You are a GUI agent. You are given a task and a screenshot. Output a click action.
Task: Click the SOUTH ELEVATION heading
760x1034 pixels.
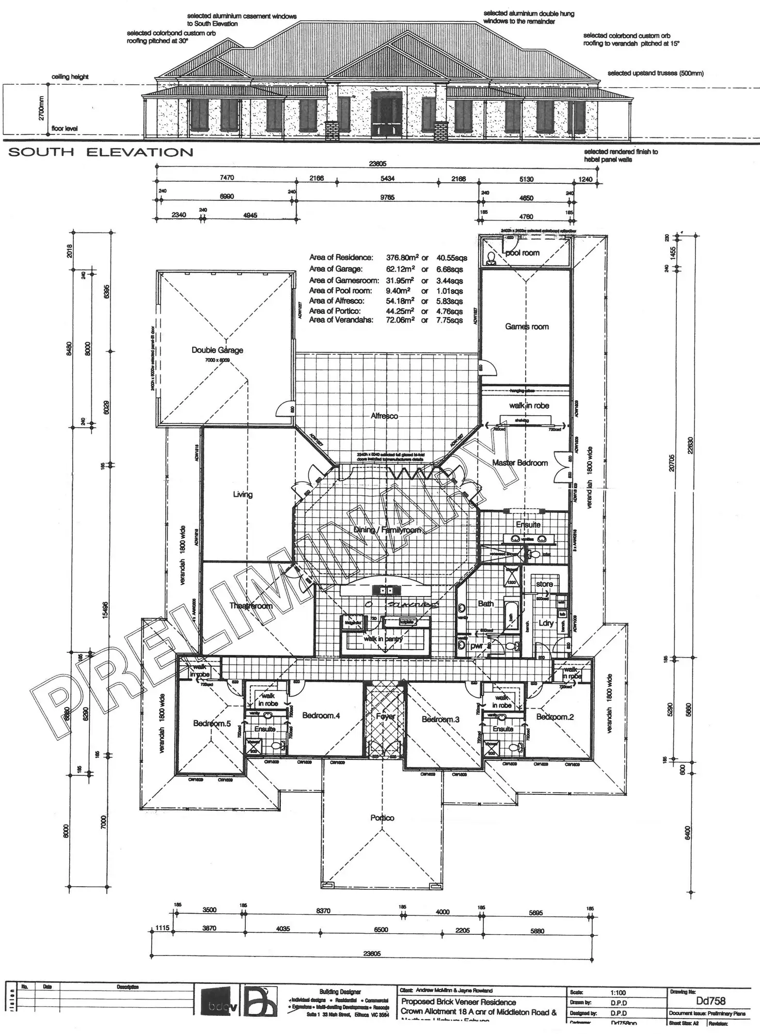101,152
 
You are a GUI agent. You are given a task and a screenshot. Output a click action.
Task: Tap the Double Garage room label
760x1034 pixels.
217,350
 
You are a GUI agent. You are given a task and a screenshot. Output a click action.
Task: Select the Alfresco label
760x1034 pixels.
384,416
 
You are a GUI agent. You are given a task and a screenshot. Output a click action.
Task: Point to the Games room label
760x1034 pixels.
527,326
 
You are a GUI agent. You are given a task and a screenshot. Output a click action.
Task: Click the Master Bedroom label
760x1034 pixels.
520,463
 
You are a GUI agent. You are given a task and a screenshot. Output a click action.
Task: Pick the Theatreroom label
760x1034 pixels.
250,606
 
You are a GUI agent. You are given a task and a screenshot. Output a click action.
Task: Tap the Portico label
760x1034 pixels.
382,818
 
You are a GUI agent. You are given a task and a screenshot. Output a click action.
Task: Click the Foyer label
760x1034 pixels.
385,716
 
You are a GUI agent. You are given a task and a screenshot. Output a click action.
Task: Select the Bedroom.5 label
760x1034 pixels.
212,724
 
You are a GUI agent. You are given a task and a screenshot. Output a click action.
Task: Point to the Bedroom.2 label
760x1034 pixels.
555,717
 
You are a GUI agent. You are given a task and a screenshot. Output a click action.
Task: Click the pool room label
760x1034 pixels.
522,253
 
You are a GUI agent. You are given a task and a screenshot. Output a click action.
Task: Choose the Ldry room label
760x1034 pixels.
546,623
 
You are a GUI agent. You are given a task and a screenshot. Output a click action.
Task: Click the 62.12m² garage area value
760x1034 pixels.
400,269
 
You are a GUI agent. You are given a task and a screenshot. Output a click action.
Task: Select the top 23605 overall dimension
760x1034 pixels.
377,164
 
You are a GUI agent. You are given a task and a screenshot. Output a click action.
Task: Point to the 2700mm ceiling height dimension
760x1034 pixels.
42,108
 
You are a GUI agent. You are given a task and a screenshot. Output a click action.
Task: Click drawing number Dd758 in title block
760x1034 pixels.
710,1001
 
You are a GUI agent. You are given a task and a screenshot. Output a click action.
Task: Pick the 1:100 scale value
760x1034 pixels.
618,993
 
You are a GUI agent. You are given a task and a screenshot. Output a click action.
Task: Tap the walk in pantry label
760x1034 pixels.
383,639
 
